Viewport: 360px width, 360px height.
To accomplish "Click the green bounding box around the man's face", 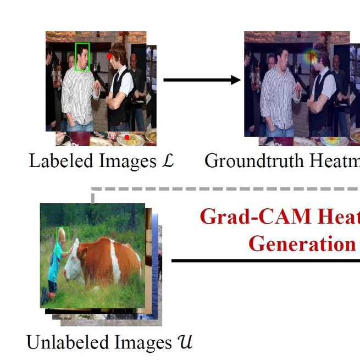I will (82, 57).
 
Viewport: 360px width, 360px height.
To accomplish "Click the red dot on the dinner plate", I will (126, 137).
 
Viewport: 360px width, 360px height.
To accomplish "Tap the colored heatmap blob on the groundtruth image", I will (312, 55).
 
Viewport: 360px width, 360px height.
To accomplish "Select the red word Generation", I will (301, 243).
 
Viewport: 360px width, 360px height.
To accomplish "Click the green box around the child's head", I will (63, 236).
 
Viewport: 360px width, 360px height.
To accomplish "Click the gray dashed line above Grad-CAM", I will (220, 189).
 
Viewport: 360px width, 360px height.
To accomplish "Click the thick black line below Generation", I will (264, 261).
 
